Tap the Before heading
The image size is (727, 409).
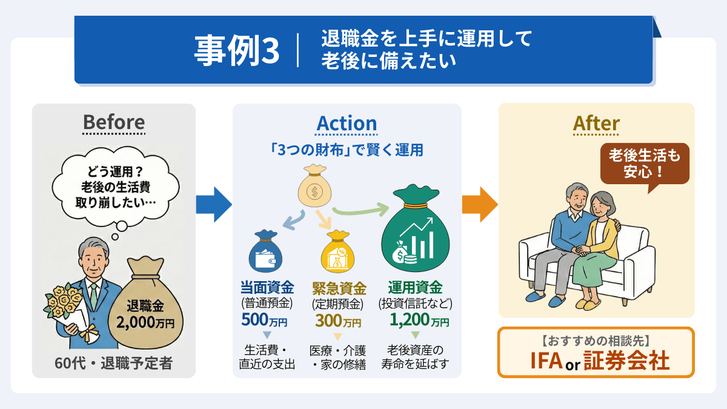114,122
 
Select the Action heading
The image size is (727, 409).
347,124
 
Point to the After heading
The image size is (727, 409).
596,124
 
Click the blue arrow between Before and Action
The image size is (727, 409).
213,205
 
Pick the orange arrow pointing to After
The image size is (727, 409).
479,205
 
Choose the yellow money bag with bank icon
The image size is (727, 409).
337,254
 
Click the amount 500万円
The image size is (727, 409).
264,319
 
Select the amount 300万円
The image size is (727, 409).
337,320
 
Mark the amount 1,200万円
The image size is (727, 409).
419,319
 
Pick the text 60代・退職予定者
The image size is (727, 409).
113,364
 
